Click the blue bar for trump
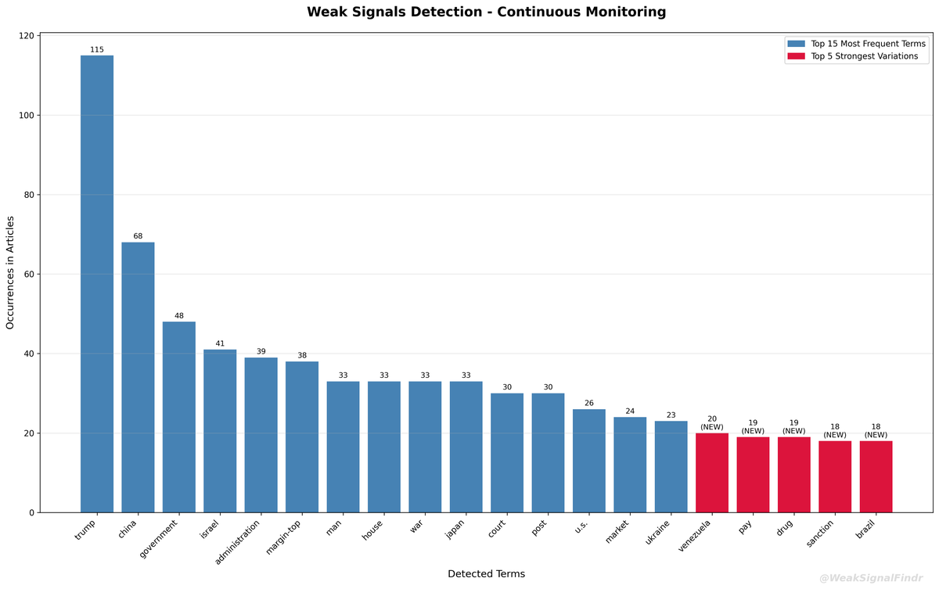tap(97, 284)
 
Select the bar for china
tap(138, 377)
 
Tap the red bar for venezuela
tap(712, 472)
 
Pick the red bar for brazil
tap(876, 476)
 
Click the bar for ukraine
tap(671, 466)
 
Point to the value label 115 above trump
tap(97, 49)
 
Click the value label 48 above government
tap(179, 316)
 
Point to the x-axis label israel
tap(210, 529)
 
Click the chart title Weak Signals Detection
tap(486, 12)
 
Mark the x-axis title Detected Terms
tap(486, 574)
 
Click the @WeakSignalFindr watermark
tap(875, 579)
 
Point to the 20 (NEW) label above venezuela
tap(712, 423)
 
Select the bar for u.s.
tap(588, 461)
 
